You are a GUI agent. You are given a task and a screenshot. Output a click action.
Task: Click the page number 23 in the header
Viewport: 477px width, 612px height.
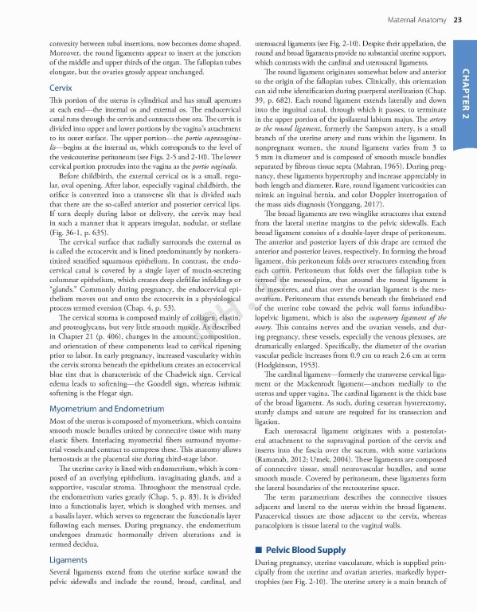pos(458,19)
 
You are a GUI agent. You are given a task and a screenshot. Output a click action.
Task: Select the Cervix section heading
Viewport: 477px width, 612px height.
pos(61,86)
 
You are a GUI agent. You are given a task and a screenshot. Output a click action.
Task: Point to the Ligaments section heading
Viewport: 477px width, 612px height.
pos(68,560)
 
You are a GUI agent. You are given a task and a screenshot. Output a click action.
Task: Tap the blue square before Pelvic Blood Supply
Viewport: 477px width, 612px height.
pos(257,551)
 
